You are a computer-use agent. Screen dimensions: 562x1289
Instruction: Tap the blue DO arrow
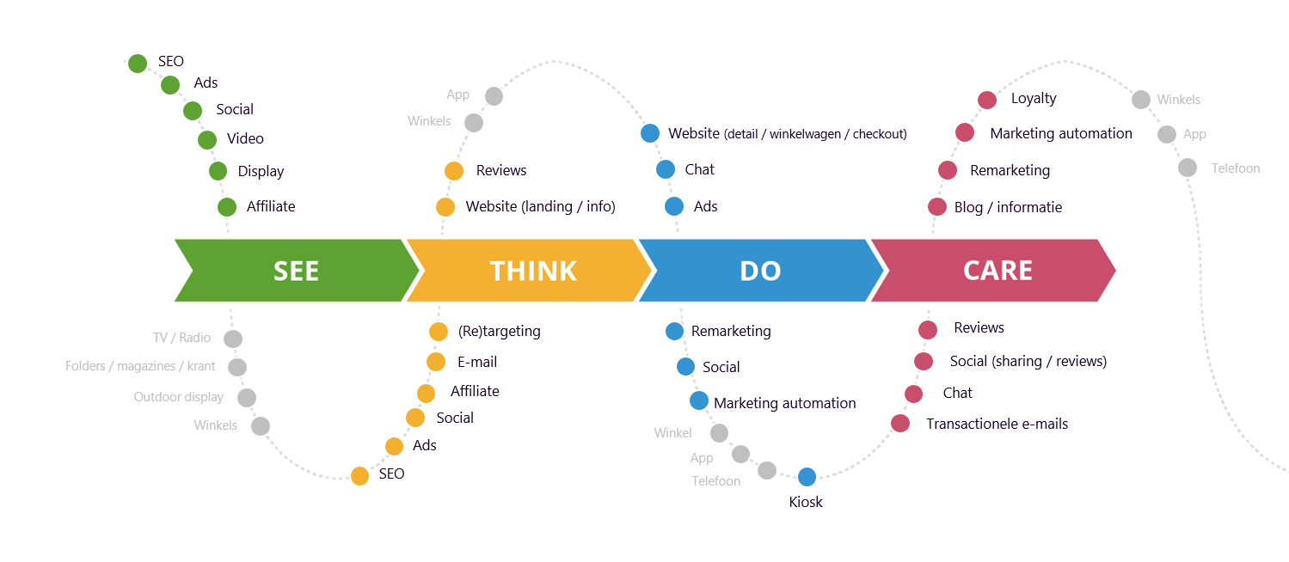760,271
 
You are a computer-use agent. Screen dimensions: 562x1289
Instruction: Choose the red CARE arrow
997,271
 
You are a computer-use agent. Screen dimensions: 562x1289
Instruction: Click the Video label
245,138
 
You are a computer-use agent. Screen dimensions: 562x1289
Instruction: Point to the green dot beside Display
218,171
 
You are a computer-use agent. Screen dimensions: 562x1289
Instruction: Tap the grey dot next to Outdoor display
247,398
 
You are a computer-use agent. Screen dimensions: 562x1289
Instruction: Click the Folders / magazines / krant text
140,366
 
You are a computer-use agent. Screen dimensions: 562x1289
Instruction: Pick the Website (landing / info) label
540,206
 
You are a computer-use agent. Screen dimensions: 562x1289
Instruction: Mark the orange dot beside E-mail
436,362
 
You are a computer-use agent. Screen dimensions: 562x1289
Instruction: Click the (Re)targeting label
499,331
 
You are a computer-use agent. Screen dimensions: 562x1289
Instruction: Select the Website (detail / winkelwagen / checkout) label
787,133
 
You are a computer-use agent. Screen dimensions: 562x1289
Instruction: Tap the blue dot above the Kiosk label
807,477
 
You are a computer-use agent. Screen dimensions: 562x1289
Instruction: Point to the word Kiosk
806,502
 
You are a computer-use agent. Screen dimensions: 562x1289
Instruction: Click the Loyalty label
1033,98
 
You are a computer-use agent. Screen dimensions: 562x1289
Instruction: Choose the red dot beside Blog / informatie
937,206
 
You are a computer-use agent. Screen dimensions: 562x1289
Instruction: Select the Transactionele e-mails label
997,423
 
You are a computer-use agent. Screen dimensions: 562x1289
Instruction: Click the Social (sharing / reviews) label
1028,361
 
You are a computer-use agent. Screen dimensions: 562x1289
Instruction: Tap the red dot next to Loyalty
987,100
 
